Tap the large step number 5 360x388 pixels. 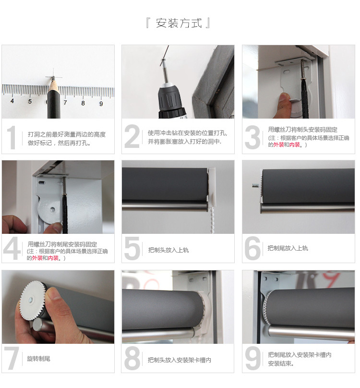click(x=132, y=248)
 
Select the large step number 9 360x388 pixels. click(x=252, y=358)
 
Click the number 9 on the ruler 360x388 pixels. click(x=101, y=103)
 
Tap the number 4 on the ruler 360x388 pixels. click(x=12, y=101)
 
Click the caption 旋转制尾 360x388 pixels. click(x=39, y=359)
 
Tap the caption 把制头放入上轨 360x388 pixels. click(x=168, y=250)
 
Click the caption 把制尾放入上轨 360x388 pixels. click(x=288, y=248)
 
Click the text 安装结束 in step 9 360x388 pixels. click(x=281, y=364)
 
